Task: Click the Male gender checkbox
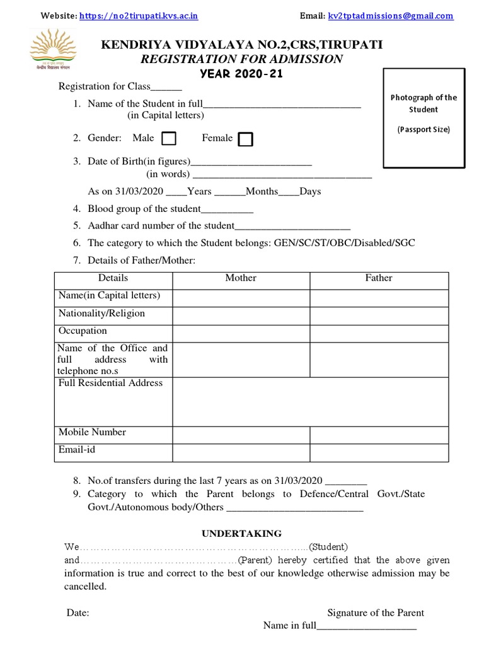(x=169, y=138)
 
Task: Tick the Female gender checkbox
(x=246, y=139)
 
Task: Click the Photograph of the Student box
(x=423, y=119)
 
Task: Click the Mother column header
(x=241, y=278)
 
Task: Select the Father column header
(x=379, y=278)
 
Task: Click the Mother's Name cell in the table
(x=241, y=298)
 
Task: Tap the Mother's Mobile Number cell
(x=241, y=435)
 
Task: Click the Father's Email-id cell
(x=379, y=453)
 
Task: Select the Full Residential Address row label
(x=110, y=383)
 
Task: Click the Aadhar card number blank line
(x=292, y=226)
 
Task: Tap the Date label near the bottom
(x=78, y=613)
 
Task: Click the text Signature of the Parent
(x=376, y=613)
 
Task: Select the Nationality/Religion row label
(x=101, y=314)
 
